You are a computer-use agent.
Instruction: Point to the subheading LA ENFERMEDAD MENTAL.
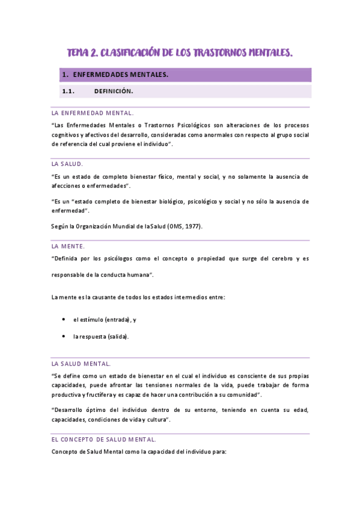(x=93, y=113)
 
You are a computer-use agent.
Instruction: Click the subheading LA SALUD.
(x=67, y=164)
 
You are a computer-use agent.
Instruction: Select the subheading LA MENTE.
(x=69, y=247)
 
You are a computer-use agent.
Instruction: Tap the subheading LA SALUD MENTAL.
(x=81, y=364)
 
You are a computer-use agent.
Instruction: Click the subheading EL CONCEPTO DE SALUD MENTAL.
(x=104, y=439)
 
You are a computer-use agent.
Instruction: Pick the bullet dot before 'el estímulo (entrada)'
(x=64, y=319)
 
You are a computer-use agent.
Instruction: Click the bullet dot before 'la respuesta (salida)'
(x=64, y=336)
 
